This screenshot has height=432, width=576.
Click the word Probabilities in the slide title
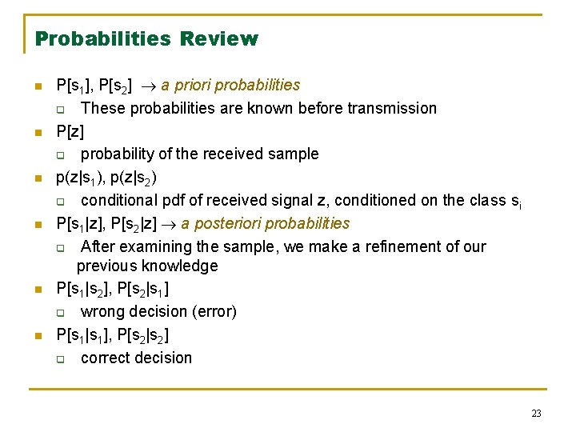103,38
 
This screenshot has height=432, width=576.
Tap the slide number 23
536,413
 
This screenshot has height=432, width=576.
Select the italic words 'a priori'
188,85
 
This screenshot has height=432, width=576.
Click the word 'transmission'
392,108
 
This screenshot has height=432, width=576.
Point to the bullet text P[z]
70,131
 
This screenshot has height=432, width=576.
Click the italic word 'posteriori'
228,223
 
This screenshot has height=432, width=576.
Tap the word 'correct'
106,358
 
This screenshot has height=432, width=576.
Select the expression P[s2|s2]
141,335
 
